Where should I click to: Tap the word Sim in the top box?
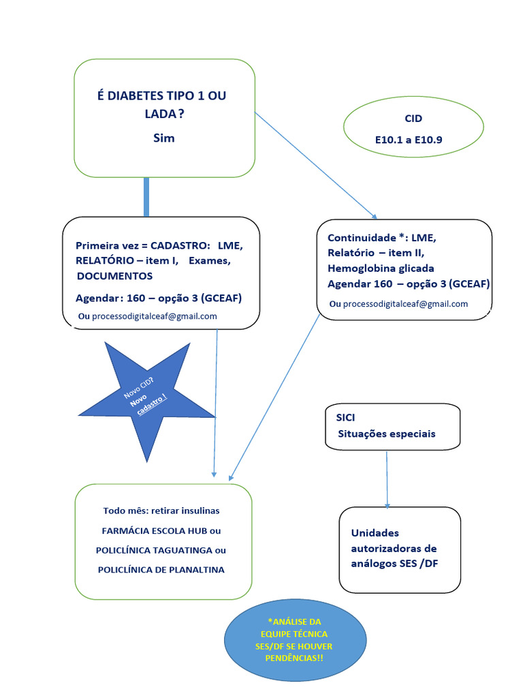(x=164, y=138)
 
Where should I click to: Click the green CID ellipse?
(x=413, y=127)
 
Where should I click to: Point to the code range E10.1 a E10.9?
(x=413, y=139)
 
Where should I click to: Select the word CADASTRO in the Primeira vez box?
(x=180, y=245)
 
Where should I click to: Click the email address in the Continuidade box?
(x=405, y=304)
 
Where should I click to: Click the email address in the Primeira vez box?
(x=154, y=316)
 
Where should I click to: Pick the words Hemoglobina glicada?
(x=381, y=268)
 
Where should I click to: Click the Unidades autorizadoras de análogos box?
(x=400, y=549)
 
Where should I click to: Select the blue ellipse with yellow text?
(x=294, y=641)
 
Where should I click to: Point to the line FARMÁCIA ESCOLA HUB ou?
(x=161, y=530)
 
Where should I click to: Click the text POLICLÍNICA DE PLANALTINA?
(x=161, y=570)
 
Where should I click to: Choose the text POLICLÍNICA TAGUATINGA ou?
(x=161, y=550)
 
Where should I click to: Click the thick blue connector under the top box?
(x=146, y=198)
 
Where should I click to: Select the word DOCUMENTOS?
(x=115, y=276)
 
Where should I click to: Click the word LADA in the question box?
(x=161, y=114)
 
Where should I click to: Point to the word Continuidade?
(x=362, y=238)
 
